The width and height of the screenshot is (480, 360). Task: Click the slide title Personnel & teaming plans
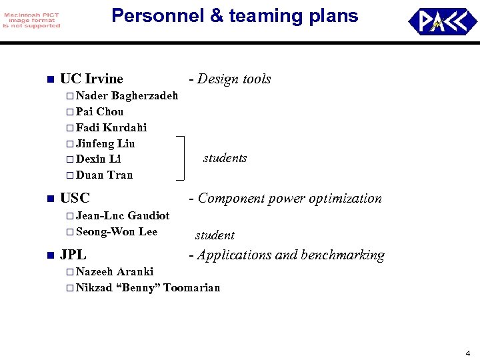[235, 16]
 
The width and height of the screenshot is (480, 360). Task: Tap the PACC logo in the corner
[442, 21]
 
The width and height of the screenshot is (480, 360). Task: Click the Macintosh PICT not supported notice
[31, 21]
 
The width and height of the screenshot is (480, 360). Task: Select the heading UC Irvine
[91, 79]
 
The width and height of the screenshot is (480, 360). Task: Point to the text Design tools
[230, 79]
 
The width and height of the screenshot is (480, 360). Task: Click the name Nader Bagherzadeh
[127, 95]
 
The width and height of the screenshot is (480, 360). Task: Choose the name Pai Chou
[99, 111]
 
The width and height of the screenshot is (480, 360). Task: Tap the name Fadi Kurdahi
[111, 127]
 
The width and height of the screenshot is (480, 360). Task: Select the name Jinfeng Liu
[105, 143]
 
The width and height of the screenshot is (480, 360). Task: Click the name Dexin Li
[98, 159]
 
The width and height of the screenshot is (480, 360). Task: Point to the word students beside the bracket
[225, 158]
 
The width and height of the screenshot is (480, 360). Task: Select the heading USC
[75, 198]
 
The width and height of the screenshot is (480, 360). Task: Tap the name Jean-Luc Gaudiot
[123, 215]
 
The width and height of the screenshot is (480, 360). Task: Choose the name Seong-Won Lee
[117, 231]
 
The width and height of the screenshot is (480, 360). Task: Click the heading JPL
[73, 255]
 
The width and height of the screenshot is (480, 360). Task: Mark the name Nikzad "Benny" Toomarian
[148, 287]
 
